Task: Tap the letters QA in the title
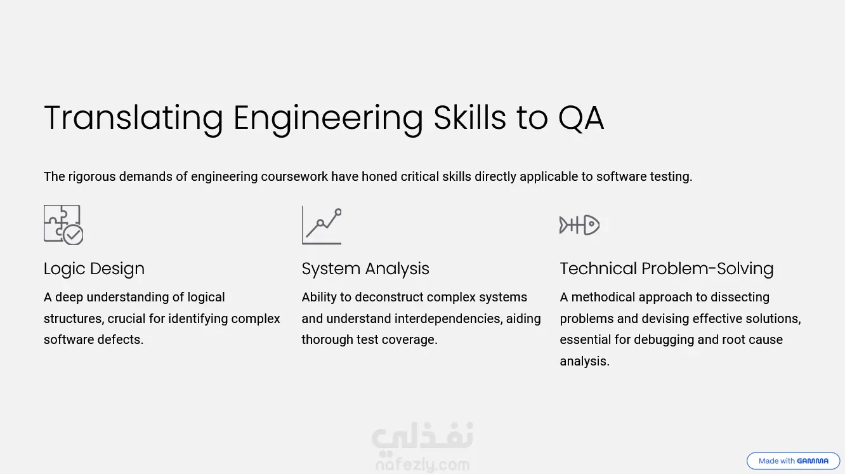(x=581, y=119)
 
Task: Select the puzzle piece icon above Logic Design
(x=63, y=225)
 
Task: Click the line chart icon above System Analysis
(x=322, y=225)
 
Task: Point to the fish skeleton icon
(x=579, y=225)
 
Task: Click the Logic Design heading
(x=94, y=269)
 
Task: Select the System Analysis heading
(x=365, y=269)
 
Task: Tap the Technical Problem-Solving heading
(x=667, y=268)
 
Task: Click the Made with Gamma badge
(x=793, y=461)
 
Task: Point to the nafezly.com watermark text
(x=422, y=465)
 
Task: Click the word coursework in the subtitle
(x=294, y=176)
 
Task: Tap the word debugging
(x=664, y=340)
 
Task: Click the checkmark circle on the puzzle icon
(x=73, y=235)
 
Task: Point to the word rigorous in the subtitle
(x=91, y=177)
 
